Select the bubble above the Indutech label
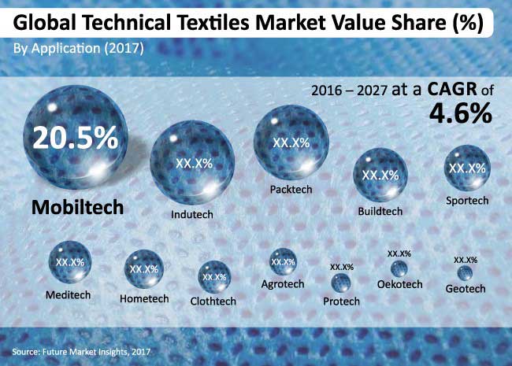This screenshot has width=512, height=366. [x=192, y=165]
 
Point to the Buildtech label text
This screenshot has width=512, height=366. [x=380, y=211]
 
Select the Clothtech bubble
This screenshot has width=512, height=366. [x=214, y=277]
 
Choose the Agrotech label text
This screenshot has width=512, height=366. [x=284, y=283]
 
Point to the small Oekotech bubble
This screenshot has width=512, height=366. [x=399, y=268]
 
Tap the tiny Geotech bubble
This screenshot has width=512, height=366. [x=466, y=272]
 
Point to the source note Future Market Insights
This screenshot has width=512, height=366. [x=80, y=350]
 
